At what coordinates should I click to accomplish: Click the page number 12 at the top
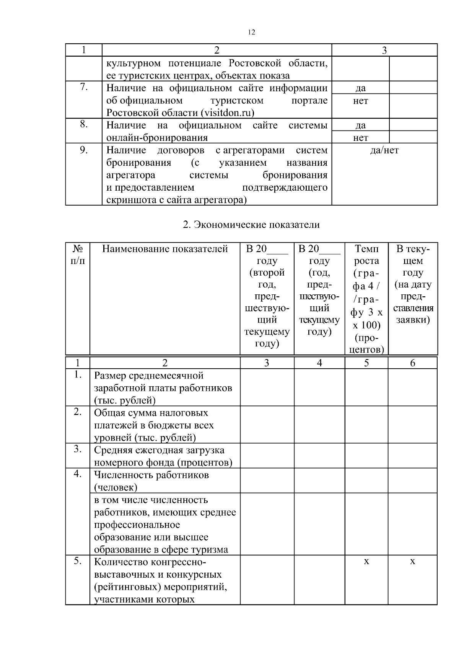pos(251,32)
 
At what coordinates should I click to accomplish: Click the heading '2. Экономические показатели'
pos(251,225)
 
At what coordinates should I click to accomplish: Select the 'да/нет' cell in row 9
pos(384,150)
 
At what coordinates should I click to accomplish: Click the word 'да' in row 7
pos(360,88)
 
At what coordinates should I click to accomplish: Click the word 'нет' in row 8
pos(360,138)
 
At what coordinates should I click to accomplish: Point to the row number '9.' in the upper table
pos(84,150)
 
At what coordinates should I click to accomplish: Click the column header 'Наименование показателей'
pos(165,249)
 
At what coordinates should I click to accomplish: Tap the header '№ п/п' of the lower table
pos(78,255)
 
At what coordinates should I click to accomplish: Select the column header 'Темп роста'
pos(366,255)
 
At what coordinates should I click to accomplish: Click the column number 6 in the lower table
pos(412,363)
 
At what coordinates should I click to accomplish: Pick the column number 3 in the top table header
pos(384,51)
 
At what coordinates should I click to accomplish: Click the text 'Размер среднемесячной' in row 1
pos(149,376)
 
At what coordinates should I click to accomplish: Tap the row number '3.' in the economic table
pos(78,449)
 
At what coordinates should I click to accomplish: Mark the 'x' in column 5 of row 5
pos(366,562)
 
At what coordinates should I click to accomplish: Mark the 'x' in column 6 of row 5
pos(412,562)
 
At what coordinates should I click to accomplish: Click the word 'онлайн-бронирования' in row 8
pos(157,138)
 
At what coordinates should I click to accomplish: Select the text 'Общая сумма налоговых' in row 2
pos(151,413)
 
